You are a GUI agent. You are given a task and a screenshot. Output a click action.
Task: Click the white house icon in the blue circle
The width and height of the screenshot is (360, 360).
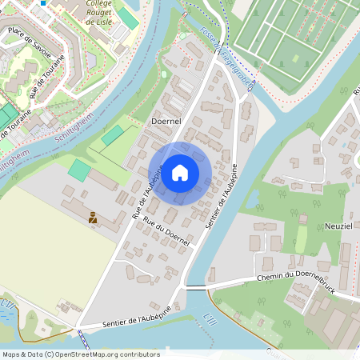coord(180,172)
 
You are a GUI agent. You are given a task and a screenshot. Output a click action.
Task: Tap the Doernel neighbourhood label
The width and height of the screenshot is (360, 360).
coord(166,120)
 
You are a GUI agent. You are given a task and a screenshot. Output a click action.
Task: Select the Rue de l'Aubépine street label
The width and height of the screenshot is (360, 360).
coord(147,192)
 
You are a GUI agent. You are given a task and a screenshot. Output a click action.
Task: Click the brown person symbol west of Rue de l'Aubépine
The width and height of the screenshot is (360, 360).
coord(93,217)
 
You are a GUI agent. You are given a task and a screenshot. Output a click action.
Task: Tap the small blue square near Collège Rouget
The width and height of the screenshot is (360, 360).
coord(43,2)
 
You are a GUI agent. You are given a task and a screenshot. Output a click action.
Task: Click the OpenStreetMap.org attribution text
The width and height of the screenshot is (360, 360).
coord(106,354)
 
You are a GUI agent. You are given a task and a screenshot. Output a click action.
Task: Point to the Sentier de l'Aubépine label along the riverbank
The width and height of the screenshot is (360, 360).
coord(222,196)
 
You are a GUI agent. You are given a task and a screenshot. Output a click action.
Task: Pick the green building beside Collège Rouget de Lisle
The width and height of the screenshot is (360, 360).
coord(126,18)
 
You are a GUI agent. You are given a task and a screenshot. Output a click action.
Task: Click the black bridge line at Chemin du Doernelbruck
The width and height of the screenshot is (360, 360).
coord(197,286)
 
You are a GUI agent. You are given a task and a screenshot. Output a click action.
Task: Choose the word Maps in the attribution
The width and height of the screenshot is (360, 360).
coord(12,354)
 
